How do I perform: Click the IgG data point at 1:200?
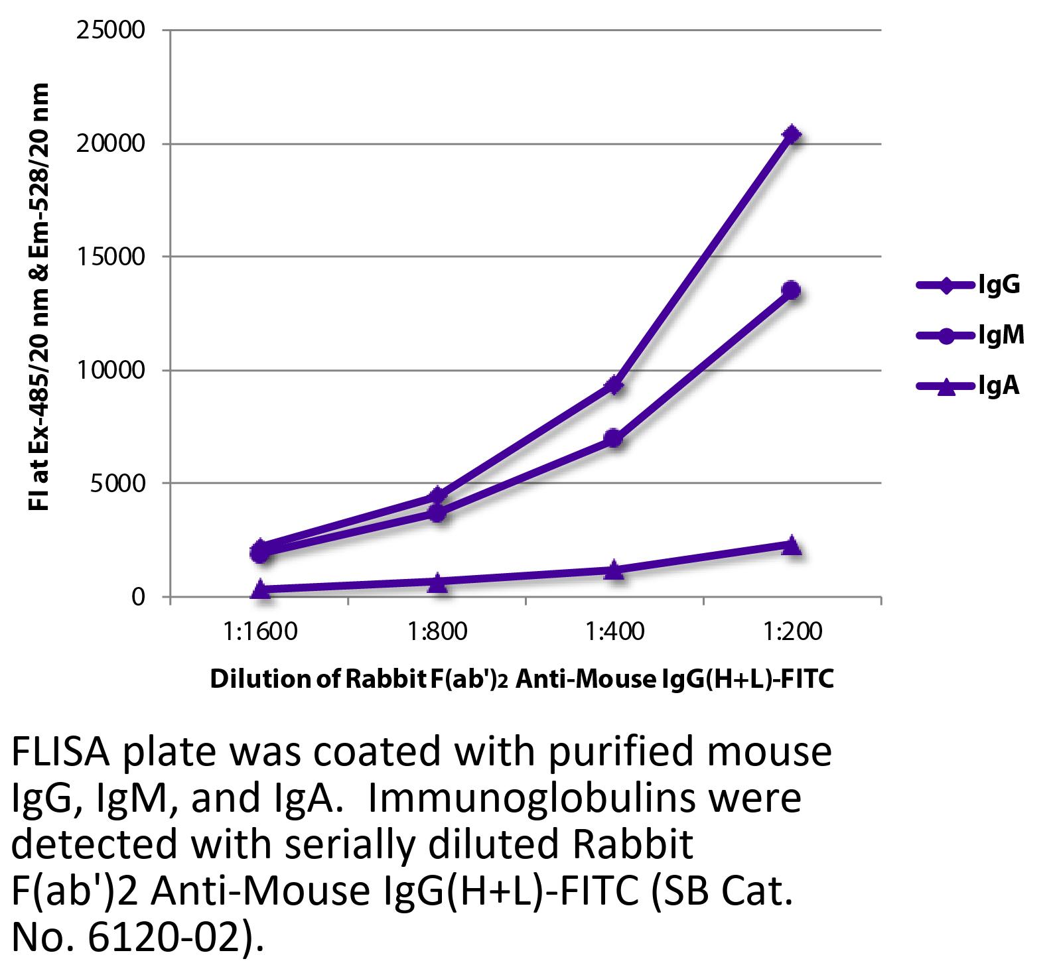tap(792, 135)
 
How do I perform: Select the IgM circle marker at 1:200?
tap(791, 290)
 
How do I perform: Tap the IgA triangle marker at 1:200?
tap(792, 545)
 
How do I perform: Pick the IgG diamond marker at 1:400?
tap(614, 385)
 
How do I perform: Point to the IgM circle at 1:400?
tap(614, 438)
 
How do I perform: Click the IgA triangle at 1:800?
tap(437, 582)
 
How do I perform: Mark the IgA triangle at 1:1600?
tap(261, 588)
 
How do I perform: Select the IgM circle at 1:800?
tap(437, 512)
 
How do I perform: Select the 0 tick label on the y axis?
tap(137, 597)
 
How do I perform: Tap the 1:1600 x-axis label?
tap(261, 631)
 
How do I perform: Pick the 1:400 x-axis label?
tap(614, 631)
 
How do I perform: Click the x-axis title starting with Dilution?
tap(522, 679)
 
